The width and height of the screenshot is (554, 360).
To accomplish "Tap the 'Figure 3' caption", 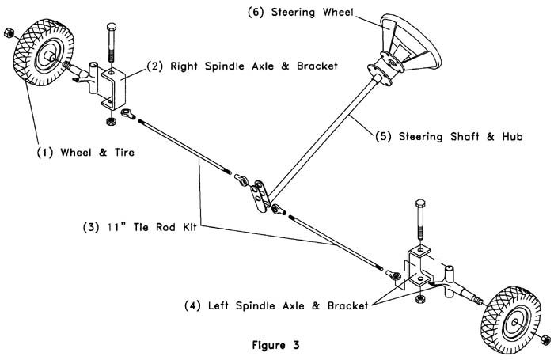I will tap(275, 346).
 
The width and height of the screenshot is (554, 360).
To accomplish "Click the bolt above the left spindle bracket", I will tap(419, 222).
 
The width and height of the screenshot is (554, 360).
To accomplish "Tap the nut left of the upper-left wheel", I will tap(9, 33).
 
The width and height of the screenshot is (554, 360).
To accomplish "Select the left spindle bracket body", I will tap(418, 268).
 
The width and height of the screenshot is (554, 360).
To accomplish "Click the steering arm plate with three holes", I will tap(257, 194).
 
